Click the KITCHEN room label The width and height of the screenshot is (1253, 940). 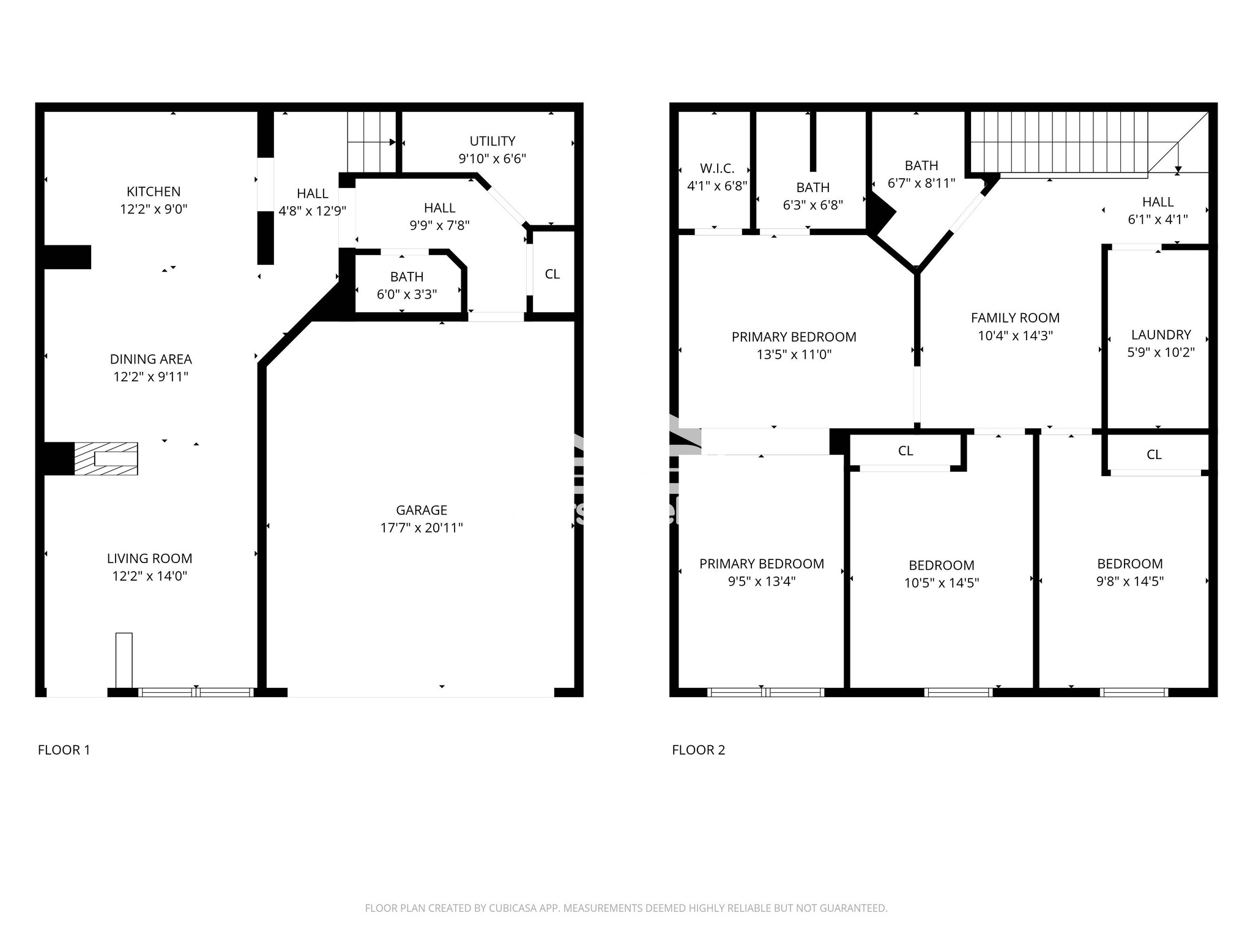[x=154, y=192]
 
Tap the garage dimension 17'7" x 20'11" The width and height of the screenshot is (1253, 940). [x=422, y=528]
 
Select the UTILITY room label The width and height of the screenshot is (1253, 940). [x=493, y=141]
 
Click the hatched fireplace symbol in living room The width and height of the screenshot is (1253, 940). [x=106, y=458]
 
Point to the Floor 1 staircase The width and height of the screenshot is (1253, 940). [x=371, y=142]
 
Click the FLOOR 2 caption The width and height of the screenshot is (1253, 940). [x=698, y=750]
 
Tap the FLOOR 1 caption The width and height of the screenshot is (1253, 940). [x=64, y=750]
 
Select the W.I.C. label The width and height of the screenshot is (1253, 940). [x=717, y=168]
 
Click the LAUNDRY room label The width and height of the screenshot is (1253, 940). [x=1161, y=335]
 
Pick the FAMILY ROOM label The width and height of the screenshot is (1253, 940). [x=1015, y=318]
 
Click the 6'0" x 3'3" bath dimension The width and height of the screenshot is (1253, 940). [x=407, y=294]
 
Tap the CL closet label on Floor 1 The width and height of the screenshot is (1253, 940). [x=552, y=274]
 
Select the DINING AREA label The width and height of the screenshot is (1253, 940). [x=151, y=359]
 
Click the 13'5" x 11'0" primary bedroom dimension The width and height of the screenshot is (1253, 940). [x=794, y=354]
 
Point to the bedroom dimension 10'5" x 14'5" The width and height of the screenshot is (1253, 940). [x=942, y=583]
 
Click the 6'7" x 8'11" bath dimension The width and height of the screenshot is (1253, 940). [x=921, y=183]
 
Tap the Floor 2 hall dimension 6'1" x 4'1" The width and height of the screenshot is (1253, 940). [x=1158, y=219]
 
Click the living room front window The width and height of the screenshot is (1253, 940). [x=196, y=692]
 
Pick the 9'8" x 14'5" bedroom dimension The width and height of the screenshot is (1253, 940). [x=1129, y=581]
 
